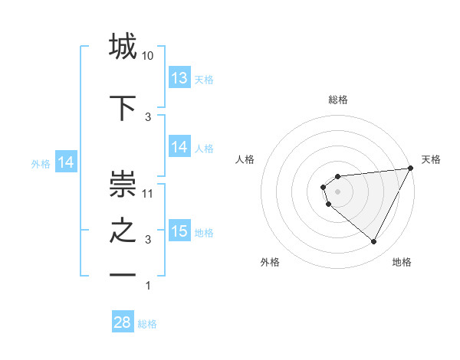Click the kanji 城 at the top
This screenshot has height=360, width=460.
click(x=123, y=47)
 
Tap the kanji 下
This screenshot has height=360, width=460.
click(x=123, y=108)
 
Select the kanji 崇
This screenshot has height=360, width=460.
click(x=123, y=183)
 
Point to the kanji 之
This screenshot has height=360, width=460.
click(x=123, y=231)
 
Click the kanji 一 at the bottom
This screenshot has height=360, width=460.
click(x=123, y=274)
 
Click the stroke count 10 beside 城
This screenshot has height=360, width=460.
click(x=148, y=56)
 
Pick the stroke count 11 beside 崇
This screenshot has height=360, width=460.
click(x=148, y=193)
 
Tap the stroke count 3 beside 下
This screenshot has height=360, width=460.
click(x=148, y=117)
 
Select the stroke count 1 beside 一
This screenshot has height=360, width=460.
click(x=148, y=286)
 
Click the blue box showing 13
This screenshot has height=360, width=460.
click(x=179, y=78)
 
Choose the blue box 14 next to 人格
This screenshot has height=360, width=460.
click(x=179, y=148)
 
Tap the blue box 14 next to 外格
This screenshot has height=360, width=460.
click(x=66, y=162)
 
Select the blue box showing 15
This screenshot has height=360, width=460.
click(x=179, y=231)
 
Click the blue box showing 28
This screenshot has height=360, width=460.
click(x=123, y=322)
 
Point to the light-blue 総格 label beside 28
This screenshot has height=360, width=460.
click(x=147, y=324)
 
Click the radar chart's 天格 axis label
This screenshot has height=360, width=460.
click(x=432, y=159)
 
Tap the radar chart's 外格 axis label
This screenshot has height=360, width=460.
click(x=270, y=263)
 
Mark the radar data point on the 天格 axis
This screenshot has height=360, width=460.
click(x=412, y=169)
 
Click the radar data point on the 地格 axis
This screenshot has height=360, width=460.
click(x=374, y=242)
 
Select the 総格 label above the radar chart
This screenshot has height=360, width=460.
click(x=338, y=100)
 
